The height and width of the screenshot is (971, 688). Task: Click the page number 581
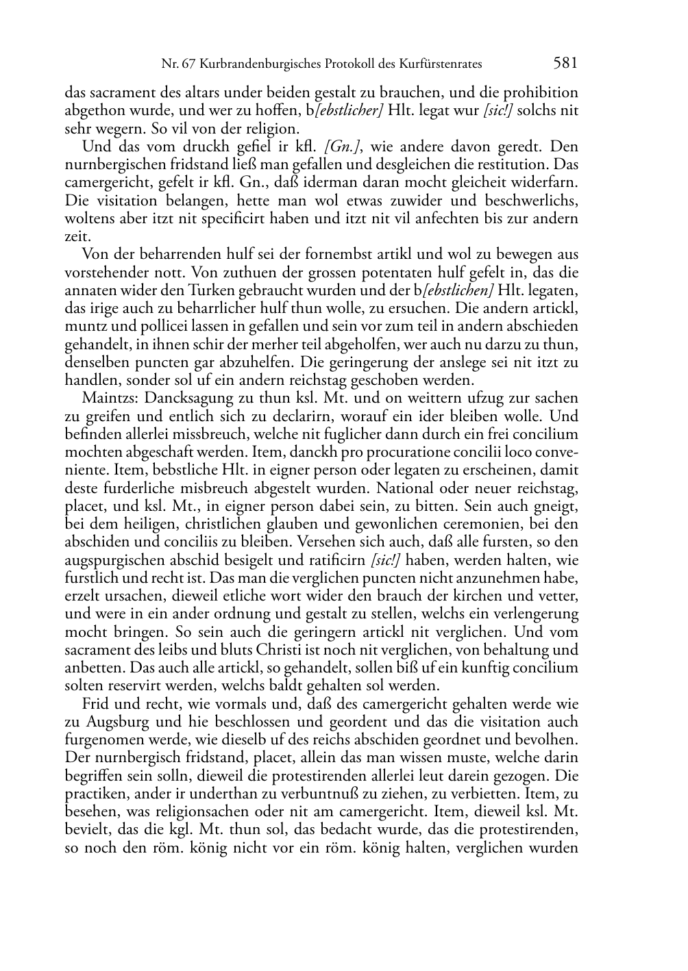[x=565, y=63]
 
